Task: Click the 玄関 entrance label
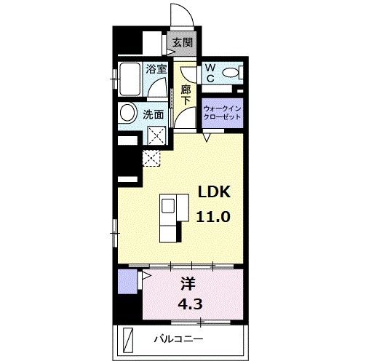point(182,42)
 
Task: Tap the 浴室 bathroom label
point(156,70)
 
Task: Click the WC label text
point(210,71)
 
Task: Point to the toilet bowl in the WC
point(231,72)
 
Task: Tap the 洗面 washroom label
point(153,114)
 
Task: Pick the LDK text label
point(215,192)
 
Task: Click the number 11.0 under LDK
point(214,216)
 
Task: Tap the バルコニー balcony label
point(178,340)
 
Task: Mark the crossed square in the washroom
point(154,135)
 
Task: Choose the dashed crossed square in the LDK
point(151,157)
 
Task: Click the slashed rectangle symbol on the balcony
point(129,339)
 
